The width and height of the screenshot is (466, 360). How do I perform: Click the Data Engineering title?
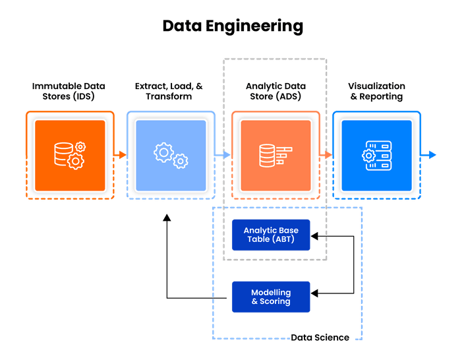pos(233,26)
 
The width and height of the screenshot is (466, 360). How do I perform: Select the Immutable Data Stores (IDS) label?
pos(69,91)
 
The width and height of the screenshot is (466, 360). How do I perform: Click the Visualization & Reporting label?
pos(377,91)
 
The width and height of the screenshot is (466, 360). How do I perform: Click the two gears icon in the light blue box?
pos(169,154)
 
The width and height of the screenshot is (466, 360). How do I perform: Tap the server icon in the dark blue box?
pos(377,155)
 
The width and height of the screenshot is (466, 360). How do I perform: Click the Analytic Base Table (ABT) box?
pos(271,235)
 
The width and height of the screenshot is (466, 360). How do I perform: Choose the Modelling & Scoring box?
pos(271,297)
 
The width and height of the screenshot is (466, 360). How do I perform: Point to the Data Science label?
pos(320,338)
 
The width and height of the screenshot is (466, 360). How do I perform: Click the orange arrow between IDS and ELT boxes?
pos(119,155)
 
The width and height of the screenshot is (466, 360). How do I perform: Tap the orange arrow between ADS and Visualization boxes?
pos(326,155)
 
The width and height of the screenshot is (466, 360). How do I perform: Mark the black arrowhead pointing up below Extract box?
pos(166,218)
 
